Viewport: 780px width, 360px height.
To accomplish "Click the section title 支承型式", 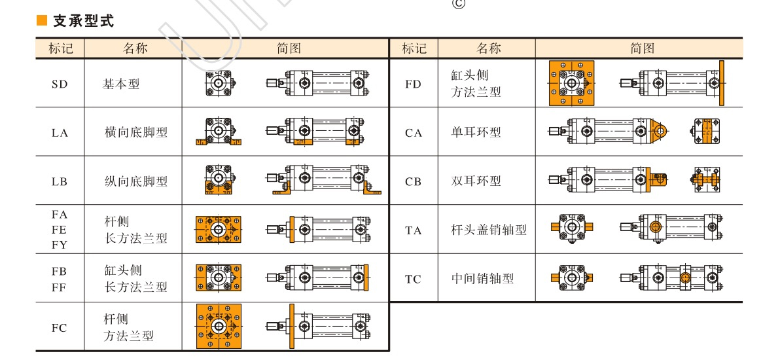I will (83, 22).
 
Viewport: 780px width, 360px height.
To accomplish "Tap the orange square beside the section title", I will (42, 22).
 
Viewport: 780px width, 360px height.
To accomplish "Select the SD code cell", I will (60, 84).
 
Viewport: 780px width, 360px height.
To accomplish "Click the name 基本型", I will (121, 84).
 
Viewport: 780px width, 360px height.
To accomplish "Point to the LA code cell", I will (60, 133).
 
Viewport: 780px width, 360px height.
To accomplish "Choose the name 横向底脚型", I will (136, 132).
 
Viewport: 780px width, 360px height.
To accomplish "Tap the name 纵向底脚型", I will (136, 181).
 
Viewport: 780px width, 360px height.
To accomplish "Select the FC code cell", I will (60, 328).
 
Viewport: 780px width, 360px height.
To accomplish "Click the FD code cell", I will (414, 84).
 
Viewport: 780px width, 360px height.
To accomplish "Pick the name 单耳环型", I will (476, 132).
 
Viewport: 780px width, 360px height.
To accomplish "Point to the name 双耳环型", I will (476, 181).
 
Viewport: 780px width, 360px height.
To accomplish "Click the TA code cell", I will (414, 230).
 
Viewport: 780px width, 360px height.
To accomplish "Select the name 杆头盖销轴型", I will (489, 230).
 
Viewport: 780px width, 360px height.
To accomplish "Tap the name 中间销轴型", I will (483, 279).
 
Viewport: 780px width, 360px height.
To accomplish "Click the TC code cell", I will (413, 279).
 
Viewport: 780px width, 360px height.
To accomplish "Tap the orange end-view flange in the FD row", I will (571, 83).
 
